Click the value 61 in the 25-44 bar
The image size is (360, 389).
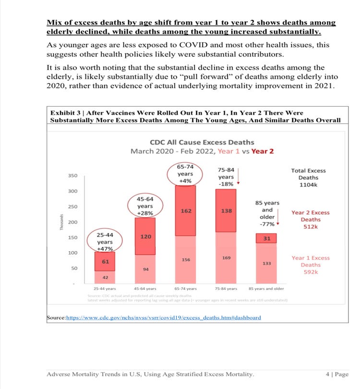(105, 261)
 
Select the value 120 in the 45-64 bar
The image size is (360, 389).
(145, 236)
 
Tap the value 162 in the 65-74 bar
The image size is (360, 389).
(186, 211)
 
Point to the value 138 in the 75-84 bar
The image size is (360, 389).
(226, 211)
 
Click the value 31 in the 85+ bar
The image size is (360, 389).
(266, 238)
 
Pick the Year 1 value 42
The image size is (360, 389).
(105, 278)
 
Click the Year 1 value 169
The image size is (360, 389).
(226, 258)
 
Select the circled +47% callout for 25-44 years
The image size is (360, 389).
(105, 242)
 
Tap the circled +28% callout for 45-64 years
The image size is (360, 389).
(145, 206)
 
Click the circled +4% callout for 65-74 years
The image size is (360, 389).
(185, 174)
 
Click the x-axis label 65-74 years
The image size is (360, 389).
(185, 289)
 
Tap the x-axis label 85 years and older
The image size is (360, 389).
(266, 289)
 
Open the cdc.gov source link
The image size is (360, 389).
(163, 317)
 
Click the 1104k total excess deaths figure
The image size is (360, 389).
(308, 185)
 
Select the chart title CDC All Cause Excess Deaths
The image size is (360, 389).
(202, 142)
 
